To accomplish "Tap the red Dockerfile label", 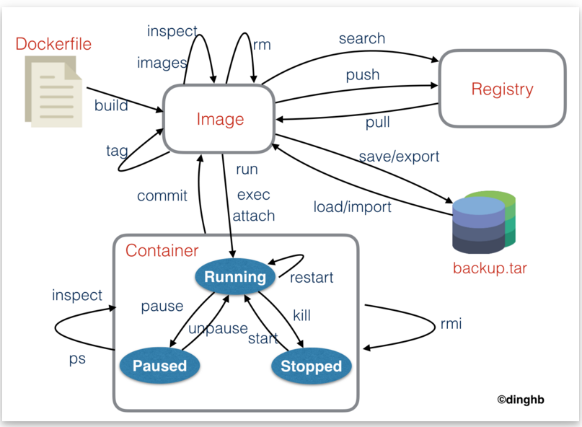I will coord(54,44).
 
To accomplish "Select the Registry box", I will coord(502,89).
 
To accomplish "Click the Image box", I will coord(220,120).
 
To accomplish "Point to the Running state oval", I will coord(235,277).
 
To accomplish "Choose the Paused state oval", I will coord(159,366).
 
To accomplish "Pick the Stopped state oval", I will coord(311,366).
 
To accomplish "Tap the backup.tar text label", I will coord(490,269).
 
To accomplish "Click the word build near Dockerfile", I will coord(111,106).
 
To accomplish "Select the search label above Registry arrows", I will coord(362,38).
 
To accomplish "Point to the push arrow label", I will coord(362,74).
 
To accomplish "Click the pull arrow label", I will coord(377,123).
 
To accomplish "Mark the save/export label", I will coord(399,156).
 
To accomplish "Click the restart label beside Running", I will coord(312,278).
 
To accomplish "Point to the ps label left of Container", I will coord(77,358).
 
